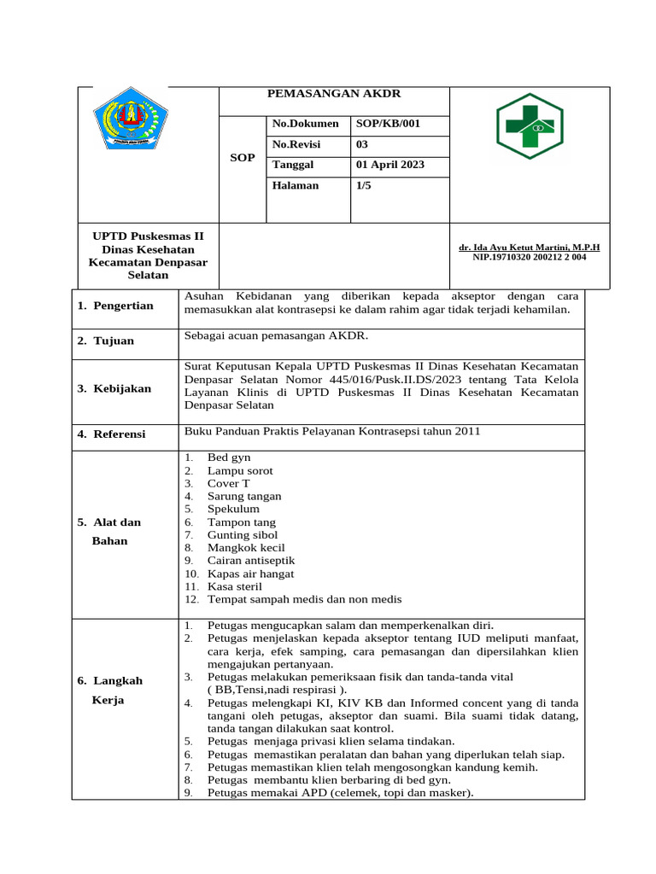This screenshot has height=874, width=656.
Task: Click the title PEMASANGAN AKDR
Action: coord(334,94)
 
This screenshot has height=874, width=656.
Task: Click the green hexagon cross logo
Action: coord(530,126)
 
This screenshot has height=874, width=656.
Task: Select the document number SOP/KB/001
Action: coord(389,124)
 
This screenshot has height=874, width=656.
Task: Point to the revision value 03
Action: coord(362,144)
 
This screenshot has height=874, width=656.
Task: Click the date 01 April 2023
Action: coord(390,165)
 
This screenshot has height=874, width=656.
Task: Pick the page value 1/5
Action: coord(364,185)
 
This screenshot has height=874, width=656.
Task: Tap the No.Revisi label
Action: coord(296,144)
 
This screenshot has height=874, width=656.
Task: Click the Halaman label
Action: coord(296,185)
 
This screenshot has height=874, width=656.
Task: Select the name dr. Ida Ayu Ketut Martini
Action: coord(529,247)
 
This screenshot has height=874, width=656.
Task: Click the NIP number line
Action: coord(529,257)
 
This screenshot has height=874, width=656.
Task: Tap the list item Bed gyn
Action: coord(229,458)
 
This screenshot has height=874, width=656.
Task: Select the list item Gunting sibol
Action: coord(242,535)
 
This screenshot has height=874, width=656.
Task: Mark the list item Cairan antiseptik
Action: coord(251,561)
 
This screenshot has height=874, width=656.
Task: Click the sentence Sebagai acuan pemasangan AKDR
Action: coord(264,336)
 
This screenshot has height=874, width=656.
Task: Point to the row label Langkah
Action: coord(117,680)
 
